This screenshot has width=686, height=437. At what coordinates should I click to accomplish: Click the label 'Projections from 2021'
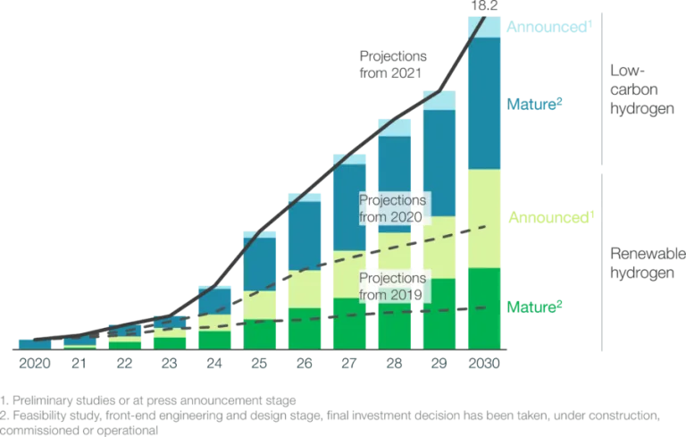pos(393,64)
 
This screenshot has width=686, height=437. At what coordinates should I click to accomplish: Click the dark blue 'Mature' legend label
pos(535,105)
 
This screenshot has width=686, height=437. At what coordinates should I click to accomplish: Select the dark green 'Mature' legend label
pos(535,307)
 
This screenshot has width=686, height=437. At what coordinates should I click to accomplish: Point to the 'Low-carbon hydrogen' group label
pos(640,88)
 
